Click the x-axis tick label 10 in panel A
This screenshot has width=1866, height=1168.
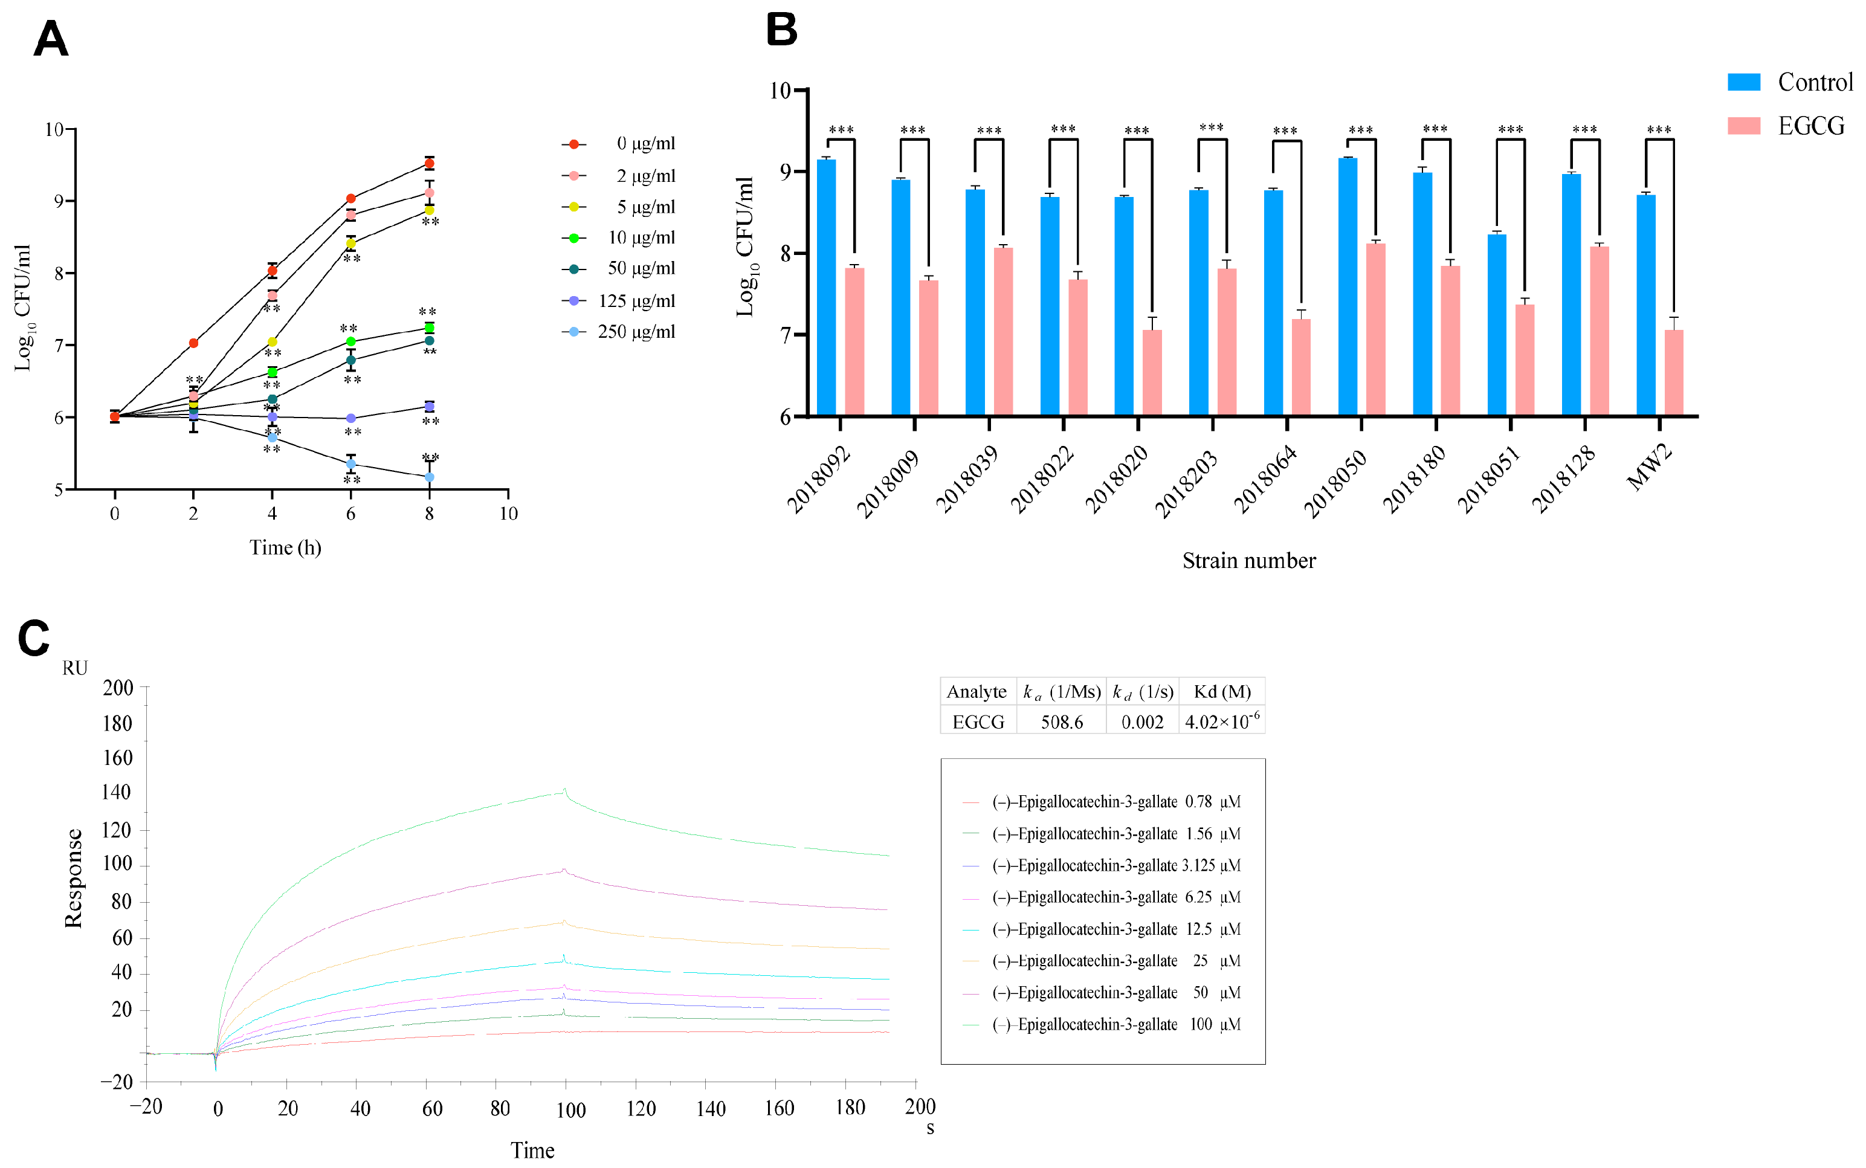click(x=508, y=514)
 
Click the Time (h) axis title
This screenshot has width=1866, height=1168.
click(x=285, y=547)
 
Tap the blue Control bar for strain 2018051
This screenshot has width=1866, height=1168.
click(x=1497, y=325)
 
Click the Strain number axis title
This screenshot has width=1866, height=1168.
click(x=1249, y=561)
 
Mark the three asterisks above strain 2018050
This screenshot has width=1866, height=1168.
click(x=1360, y=131)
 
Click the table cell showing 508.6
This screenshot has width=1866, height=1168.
click(x=1061, y=721)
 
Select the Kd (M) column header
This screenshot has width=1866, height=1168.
click(x=1222, y=691)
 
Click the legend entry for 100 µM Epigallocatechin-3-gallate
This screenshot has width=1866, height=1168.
click(x=1102, y=1024)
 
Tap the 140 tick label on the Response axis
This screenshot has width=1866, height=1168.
click(x=117, y=792)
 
